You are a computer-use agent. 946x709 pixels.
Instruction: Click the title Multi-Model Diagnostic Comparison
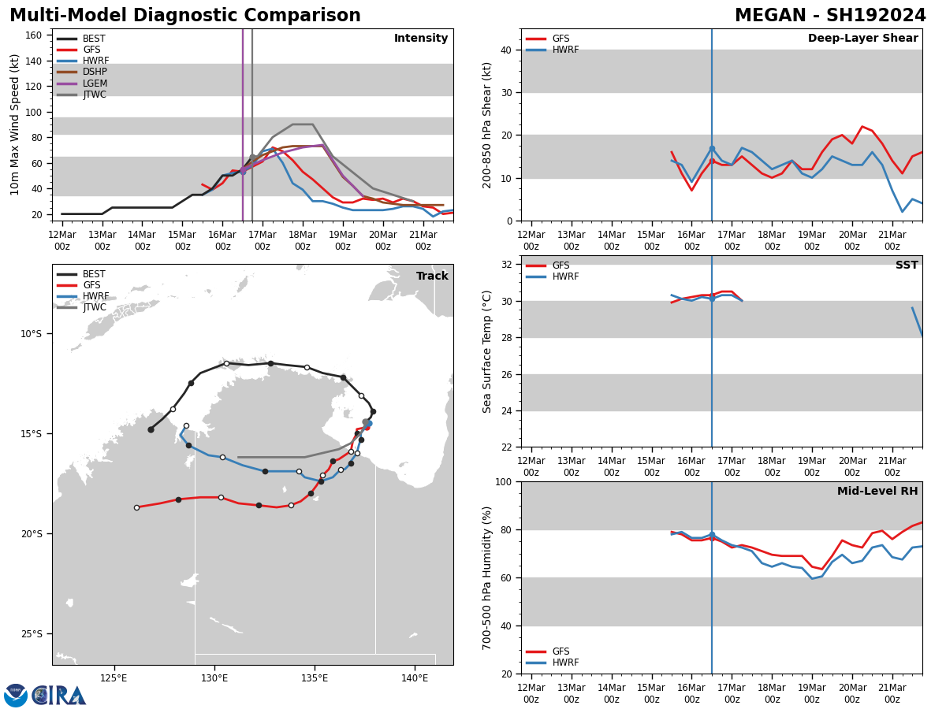coord(185,16)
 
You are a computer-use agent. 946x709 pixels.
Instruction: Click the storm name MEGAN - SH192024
coord(830,16)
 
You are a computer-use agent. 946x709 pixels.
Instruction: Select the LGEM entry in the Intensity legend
coord(95,84)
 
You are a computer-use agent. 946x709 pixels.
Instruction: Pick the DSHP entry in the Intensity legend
coord(95,72)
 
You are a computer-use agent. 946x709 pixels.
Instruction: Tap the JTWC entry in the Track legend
coord(94,308)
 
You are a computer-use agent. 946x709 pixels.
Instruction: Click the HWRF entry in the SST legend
coord(565,277)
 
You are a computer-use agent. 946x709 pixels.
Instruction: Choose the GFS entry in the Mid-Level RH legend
coord(560,651)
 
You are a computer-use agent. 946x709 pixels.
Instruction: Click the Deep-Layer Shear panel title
coord(862,39)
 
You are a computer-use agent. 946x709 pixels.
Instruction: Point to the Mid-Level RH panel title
coord(877,492)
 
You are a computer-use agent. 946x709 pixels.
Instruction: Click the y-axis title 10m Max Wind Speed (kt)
coord(15,124)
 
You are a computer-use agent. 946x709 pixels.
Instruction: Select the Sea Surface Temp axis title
coord(487,351)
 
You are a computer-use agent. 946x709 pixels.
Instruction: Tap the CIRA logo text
coord(59,696)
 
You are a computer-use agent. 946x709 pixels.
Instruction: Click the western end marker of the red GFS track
coord(136,507)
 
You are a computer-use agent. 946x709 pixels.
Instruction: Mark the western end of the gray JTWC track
coord(238,457)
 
